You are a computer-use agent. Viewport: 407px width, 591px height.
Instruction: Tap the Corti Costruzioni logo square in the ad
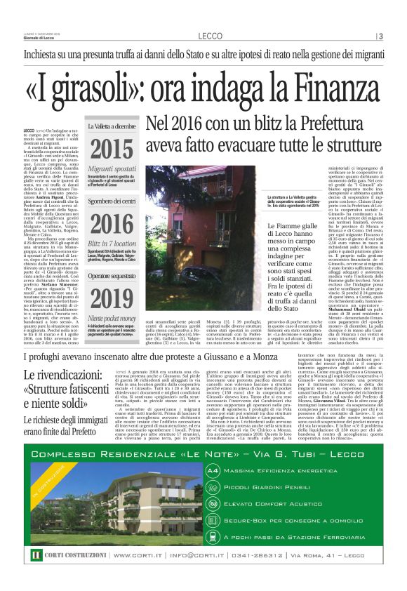point(36,555)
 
